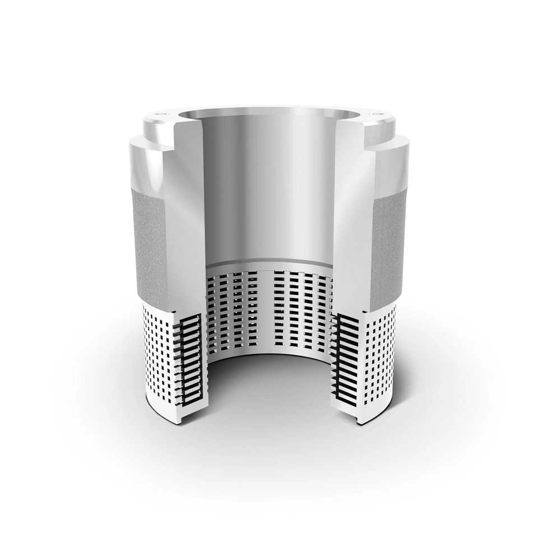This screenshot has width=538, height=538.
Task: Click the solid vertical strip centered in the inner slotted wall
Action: (266, 308)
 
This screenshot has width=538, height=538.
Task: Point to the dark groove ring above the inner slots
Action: (269, 264)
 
